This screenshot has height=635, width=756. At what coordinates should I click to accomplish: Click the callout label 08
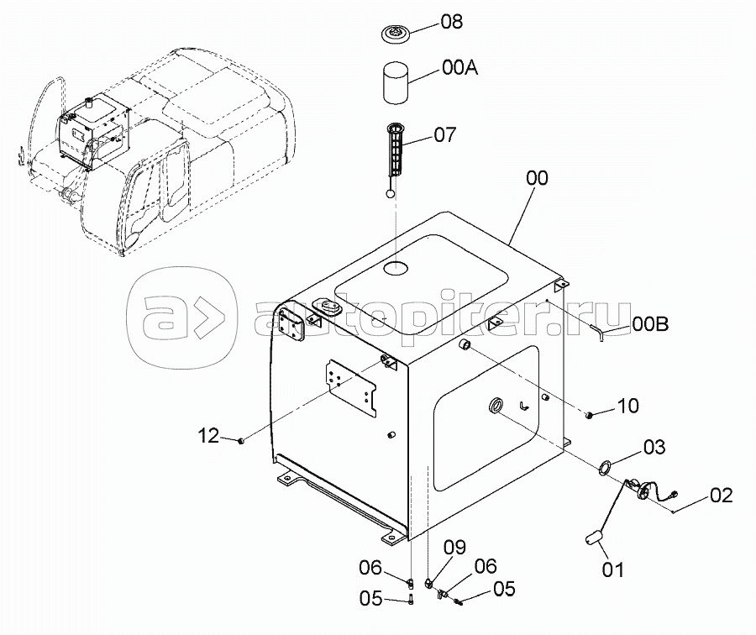tap(451, 22)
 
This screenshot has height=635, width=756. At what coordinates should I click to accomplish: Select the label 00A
tap(459, 68)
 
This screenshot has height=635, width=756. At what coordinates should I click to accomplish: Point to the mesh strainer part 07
tap(398, 149)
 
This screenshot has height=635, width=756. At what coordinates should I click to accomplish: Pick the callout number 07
tap(444, 135)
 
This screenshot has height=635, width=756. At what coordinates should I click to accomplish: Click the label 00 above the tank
tap(537, 178)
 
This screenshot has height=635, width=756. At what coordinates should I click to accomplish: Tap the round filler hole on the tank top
tap(396, 268)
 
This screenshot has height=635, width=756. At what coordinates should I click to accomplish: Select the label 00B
tap(650, 324)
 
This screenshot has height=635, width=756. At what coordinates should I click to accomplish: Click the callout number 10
tap(627, 406)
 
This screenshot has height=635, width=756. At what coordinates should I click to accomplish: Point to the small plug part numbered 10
tap(589, 415)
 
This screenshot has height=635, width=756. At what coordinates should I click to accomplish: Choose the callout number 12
tap(209, 436)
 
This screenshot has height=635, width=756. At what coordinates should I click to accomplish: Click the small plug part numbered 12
tap(241, 440)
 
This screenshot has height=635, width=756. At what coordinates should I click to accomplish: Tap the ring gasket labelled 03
tap(605, 467)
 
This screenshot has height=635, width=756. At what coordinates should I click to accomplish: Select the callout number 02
tap(722, 496)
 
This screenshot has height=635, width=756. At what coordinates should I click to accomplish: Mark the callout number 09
tap(454, 548)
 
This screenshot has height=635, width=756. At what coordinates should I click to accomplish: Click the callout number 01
tap(613, 570)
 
